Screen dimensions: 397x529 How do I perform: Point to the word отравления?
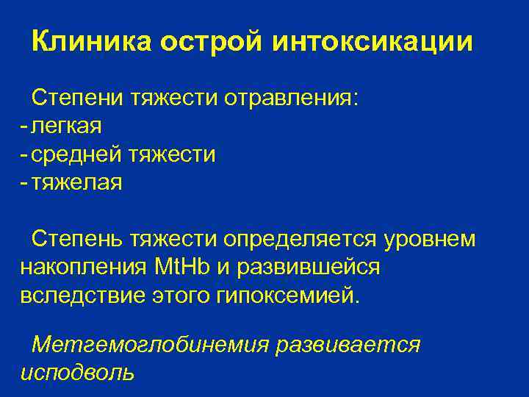[x=292, y=98]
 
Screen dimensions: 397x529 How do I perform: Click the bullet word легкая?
[x=67, y=126]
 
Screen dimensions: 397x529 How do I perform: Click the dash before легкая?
[x=25, y=126]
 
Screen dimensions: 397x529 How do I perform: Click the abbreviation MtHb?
[x=183, y=268]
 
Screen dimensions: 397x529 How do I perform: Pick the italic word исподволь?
[x=77, y=372]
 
